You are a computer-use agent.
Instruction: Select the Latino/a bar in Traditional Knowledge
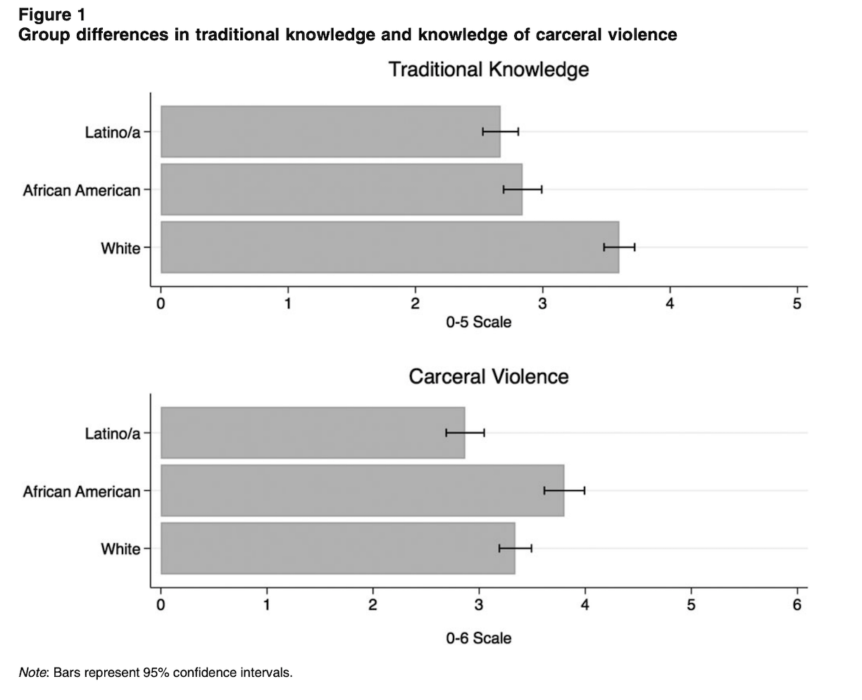tap(330, 132)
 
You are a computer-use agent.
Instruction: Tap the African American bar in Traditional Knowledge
tap(342, 189)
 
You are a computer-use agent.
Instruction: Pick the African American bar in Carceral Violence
tap(362, 490)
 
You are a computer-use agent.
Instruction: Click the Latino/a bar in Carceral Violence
tap(313, 433)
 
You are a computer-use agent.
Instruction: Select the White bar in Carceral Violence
tap(338, 548)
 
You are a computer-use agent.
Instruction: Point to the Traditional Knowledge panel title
tap(488, 70)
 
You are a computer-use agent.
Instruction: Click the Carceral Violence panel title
tap(488, 376)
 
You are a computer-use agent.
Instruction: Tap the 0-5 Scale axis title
tap(478, 322)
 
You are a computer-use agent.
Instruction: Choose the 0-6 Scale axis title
tap(478, 638)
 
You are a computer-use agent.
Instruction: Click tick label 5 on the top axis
tap(797, 304)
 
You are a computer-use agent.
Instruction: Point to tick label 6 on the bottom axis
tap(797, 605)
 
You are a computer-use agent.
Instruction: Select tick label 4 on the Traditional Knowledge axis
tap(670, 304)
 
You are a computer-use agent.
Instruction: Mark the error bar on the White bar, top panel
tap(619, 247)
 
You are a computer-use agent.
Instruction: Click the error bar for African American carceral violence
tap(564, 490)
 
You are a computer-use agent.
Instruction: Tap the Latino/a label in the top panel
tap(113, 132)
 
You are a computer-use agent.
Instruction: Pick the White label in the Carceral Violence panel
tap(120, 548)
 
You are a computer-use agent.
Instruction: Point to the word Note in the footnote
tap(32, 673)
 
